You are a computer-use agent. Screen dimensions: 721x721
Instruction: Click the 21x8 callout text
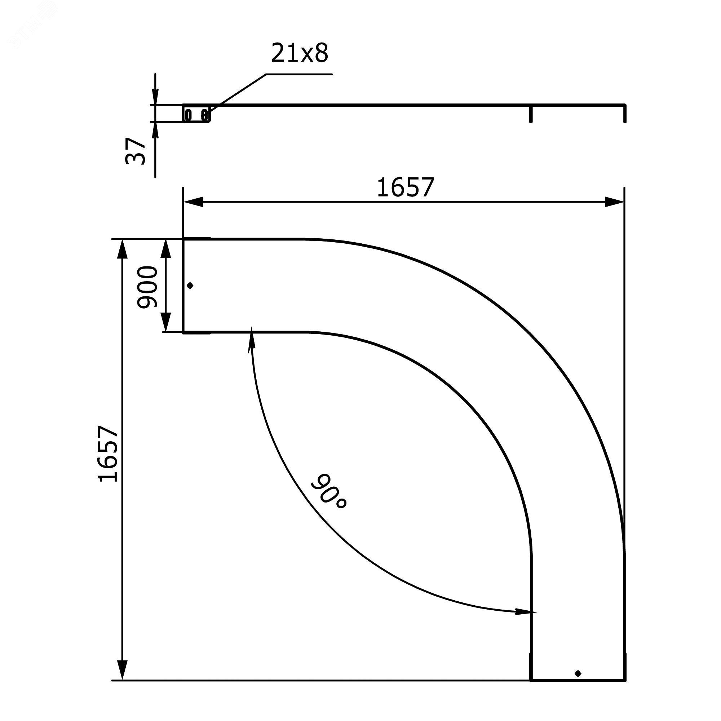300,53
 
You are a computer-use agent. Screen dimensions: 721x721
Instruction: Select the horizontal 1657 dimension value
406,187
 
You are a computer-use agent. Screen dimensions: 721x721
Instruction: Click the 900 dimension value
147,287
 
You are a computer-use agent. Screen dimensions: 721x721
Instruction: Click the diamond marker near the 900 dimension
190,286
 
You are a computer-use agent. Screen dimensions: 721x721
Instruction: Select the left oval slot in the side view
189,115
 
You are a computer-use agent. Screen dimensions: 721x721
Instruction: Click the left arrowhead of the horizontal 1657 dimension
193,202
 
